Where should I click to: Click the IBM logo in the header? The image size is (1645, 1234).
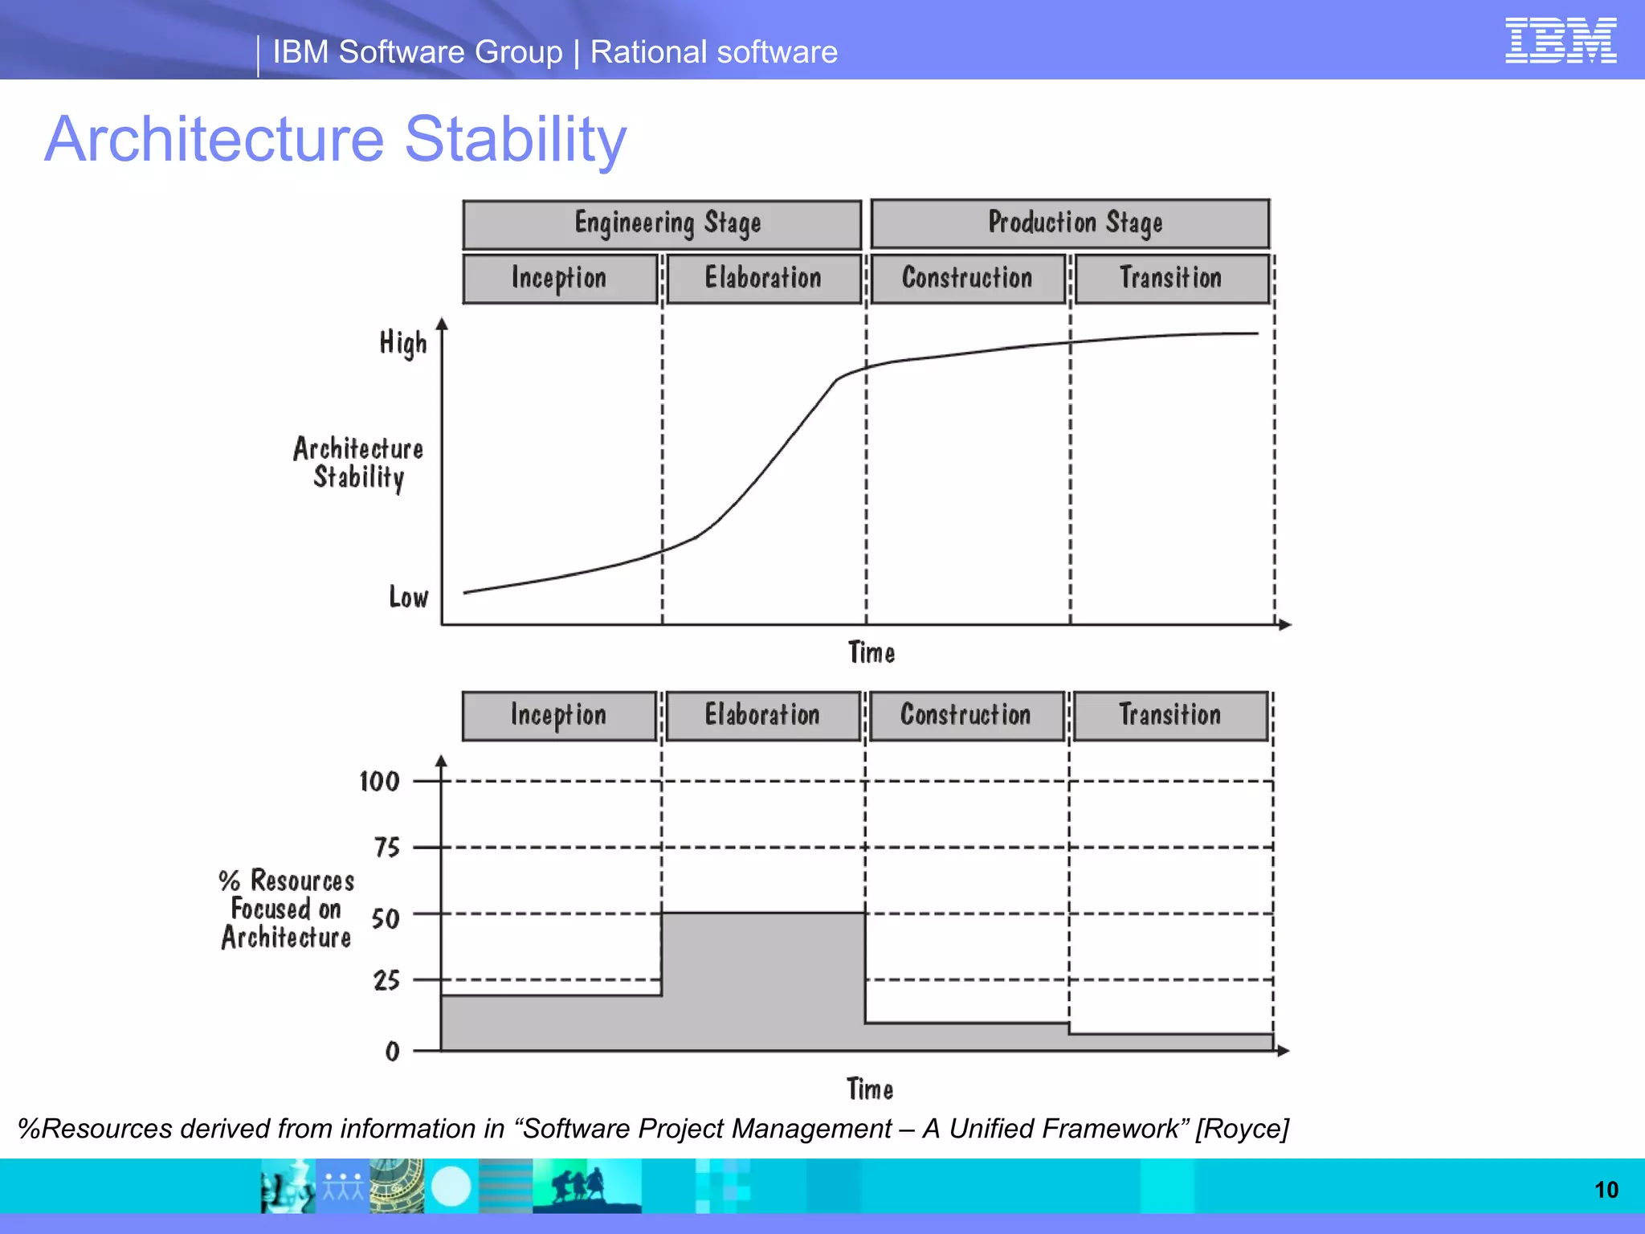tap(1560, 40)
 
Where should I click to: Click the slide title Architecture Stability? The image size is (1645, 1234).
tap(335, 139)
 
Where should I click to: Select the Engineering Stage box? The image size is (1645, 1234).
tap(662, 224)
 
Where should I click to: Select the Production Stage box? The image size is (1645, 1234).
tap(1070, 223)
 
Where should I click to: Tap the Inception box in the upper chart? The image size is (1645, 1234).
tap(560, 279)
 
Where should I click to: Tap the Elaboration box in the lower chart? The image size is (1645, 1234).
tap(762, 716)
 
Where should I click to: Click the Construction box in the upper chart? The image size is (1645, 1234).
tap(968, 279)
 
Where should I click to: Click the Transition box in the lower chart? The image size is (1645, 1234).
tap(1170, 716)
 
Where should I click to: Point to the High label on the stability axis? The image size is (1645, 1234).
tap(403, 343)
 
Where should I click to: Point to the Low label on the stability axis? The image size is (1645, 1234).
tap(408, 598)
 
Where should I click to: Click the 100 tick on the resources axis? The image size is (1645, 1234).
tap(379, 782)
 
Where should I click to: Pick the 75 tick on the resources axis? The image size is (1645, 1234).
tap(386, 848)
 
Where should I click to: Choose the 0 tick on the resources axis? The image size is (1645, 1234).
tap(392, 1051)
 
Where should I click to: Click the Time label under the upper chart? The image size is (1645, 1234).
tap(871, 652)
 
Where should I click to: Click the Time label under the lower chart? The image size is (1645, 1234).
tap(870, 1089)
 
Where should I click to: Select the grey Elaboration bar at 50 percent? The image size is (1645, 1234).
tap(763, 980)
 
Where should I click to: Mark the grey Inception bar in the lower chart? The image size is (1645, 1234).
tap(551, 1023)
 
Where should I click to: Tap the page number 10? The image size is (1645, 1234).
tap(1606, 1190)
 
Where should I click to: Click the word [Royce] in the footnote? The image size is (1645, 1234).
tap(1242, 1129)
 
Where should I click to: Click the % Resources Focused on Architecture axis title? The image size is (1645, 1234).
tap(287, 909)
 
